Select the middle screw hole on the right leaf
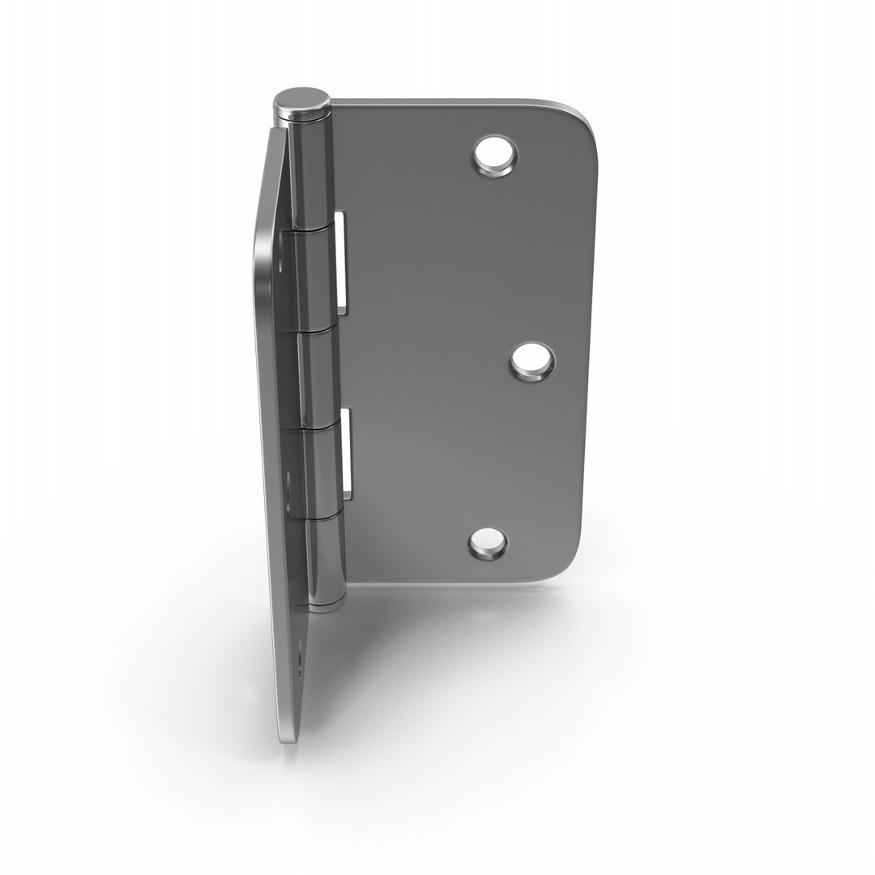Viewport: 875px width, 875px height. (532, 361)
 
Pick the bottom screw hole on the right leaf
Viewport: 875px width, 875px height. (488, 544)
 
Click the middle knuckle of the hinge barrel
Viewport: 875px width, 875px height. (318, 379)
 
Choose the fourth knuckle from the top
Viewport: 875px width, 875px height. (322, 471)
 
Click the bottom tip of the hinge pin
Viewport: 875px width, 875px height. (329, 606)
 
